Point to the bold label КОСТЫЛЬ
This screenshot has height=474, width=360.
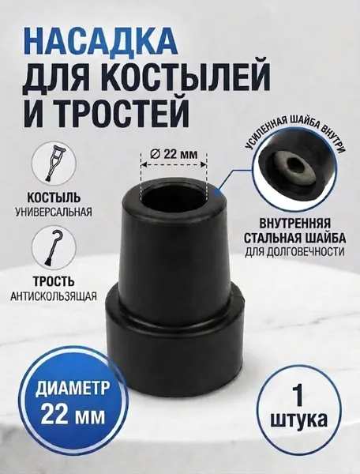[x=54, y=198]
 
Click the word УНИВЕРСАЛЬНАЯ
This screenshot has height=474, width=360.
[x=54, y=212]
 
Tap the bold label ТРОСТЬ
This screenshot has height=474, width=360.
[x=54, y=281]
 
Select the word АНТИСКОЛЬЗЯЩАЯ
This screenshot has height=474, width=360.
[x=54, y=296]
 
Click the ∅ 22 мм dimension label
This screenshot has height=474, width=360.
[x=174, y=154]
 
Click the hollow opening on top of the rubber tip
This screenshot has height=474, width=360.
[x=174, y=197]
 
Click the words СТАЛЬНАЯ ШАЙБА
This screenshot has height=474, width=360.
[x=294, y=239]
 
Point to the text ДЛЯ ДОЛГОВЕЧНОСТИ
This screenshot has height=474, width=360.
[x=294, y=251]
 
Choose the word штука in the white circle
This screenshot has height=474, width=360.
[x=298, y=419]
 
